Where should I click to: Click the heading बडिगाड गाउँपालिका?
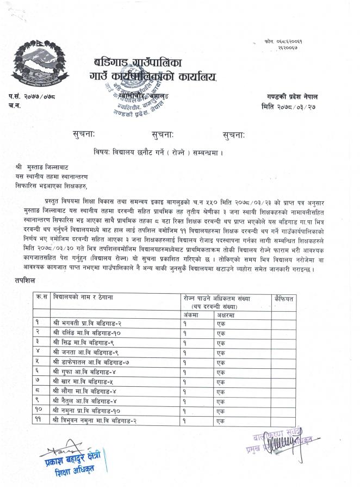coord(145,61)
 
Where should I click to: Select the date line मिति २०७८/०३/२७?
coord(288,107)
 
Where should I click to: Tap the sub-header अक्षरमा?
coord(224,314)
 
